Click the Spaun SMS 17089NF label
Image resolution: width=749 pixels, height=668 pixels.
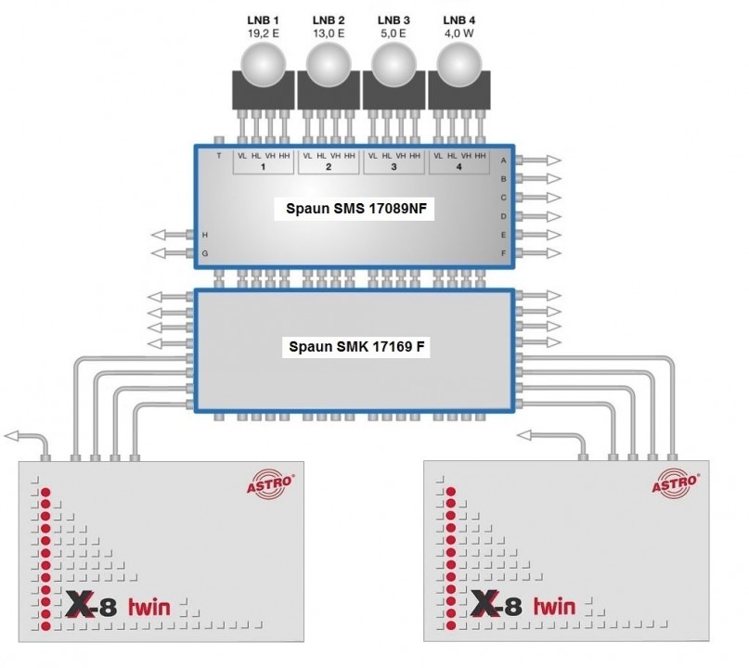355,211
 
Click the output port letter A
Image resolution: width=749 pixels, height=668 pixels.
503,161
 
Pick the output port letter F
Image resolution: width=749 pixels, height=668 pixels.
503,252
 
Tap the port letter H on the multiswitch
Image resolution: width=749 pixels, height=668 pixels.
205,234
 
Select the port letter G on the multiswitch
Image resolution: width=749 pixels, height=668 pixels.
205,252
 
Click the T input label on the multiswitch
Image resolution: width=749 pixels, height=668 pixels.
218,156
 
